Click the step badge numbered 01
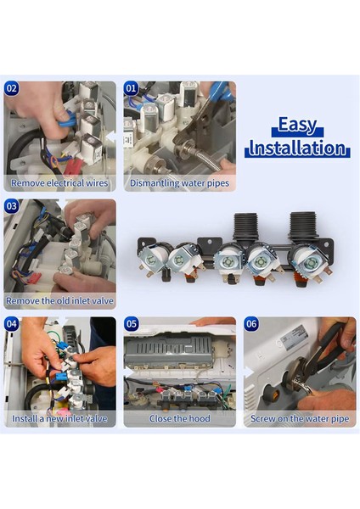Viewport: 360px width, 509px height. pyautogui.click(x=131, y=88)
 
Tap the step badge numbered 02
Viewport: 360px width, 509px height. pyautogui.click(x=11, y=88)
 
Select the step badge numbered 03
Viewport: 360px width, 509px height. pyautogui.click(x=11, y=206)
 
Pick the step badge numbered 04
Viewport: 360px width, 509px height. pyautogui.click(x=11, y=324)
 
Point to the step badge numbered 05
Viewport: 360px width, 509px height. pyautogui.click(x=132, y=324)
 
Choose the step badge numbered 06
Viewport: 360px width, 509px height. pyautogui.click(x=251, y=324)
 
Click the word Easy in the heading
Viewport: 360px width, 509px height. pyautogui.click(x=297, y=125)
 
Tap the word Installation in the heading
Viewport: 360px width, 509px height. pyautogui.click(x=297, y=148)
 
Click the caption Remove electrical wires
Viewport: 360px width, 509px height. pyautogui.click(x=59, y=183)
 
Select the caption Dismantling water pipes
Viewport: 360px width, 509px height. pyautogui.click(x=180, y=183)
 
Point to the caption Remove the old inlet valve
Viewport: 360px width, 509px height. pyautogui.click(x=59, y=301)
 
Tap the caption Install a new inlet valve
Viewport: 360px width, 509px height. pyautogui.click(x=59, y=418)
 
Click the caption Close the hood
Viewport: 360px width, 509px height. pyautogui.click(x=180, y=418)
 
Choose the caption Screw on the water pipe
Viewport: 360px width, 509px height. pyautogui.click(x=300, y=419)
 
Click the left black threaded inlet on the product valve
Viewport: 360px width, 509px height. pyautogui.click(x=246, y=228)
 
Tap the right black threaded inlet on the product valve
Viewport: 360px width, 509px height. pyautogui.click(x=303, y=227)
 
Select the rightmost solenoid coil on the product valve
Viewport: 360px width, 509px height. pyautogui.click(x=309, y=261)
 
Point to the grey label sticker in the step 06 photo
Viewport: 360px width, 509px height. pyautogui.click(x=294, y=338)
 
